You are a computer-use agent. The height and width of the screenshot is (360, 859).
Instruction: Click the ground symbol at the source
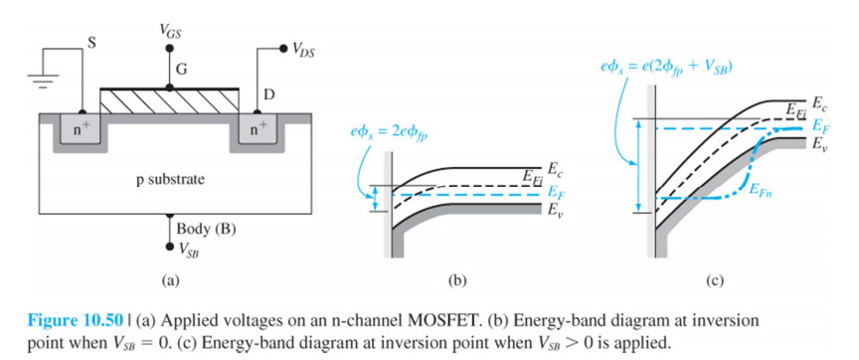(40, 80)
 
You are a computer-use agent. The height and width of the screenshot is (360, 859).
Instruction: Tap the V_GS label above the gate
(169, 32)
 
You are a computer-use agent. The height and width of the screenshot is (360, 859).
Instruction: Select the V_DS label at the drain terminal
(303, 51)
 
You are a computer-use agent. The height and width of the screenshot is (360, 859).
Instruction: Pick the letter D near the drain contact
(269, 94)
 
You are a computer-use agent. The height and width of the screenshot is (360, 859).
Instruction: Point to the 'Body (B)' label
(206, 229)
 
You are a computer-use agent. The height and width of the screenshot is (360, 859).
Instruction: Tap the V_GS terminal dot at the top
(170, 49)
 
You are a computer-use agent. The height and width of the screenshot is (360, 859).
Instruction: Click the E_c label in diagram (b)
(553, 168)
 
